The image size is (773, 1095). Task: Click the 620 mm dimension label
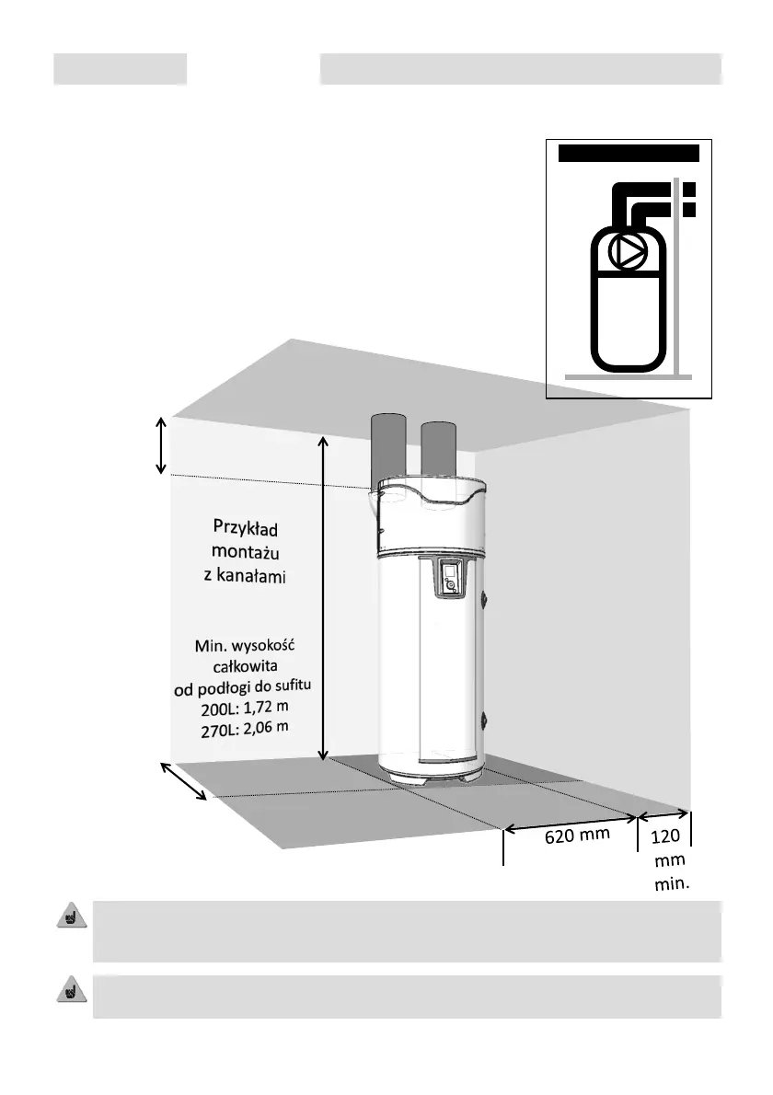571,836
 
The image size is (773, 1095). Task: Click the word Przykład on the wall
246,531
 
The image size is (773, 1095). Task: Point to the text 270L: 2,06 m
245,729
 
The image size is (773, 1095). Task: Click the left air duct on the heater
387,450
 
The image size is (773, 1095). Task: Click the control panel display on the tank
448,576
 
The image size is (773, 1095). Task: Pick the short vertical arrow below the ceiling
161,446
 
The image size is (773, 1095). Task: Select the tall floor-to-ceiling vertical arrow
323,598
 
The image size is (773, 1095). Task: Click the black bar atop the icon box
629,153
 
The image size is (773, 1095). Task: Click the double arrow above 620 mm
570,818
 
